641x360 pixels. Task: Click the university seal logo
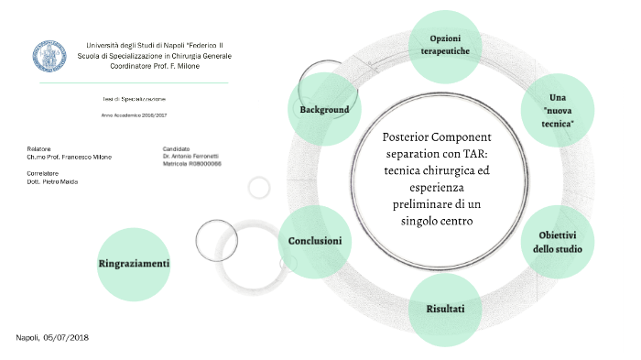(x=49, y=55)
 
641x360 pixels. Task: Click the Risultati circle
(x=445, y=309)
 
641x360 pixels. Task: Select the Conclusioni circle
(x=315, y=241)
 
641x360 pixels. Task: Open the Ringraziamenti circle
(x=134, y=264)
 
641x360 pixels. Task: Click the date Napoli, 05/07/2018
(x=52, y=338)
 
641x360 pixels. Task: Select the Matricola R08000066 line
(x=192, y=165)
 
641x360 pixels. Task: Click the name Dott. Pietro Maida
(x=52, y=181)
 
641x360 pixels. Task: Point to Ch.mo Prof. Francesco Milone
(x=70, y=157)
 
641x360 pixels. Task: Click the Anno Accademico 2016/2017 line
(x=134, y=115)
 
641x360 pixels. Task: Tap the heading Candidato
(x=176, y=148)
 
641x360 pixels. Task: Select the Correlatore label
(x=43, y=173)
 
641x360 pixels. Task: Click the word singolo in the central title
(x=418, y=222)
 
